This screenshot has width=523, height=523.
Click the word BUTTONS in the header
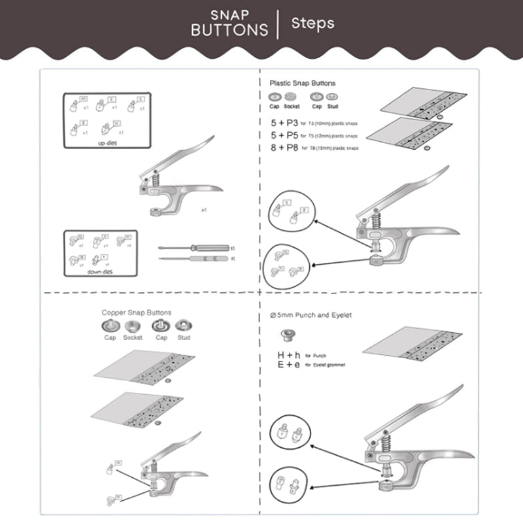tap(229, 29)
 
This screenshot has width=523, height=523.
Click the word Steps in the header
tap(312, 24)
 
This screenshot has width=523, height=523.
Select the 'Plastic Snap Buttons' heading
tap(303, 84)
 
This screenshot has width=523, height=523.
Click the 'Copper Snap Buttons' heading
tap(137, 312)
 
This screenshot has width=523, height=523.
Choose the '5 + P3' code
tap(284, 123)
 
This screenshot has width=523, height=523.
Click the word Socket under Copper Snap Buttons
tap(133, 338)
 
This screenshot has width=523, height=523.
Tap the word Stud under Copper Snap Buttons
tap(184, 338)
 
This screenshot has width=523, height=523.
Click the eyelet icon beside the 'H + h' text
tap(286, 337)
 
